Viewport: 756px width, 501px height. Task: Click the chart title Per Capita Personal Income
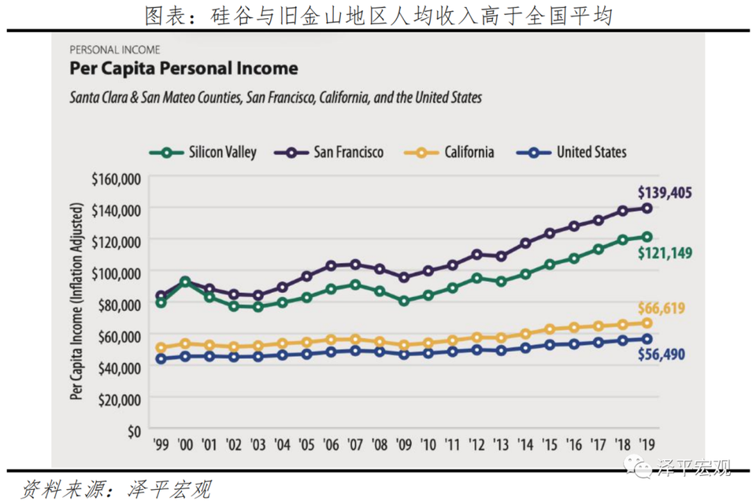pos(183,69)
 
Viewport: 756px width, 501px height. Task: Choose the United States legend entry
pos(581,152)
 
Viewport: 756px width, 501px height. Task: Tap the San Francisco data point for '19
pos(647,208)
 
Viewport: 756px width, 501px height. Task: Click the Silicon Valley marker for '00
pos(185,281)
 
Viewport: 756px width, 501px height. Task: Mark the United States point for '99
pos(161,358)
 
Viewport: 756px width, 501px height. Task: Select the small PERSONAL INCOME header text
pos(114,50)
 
